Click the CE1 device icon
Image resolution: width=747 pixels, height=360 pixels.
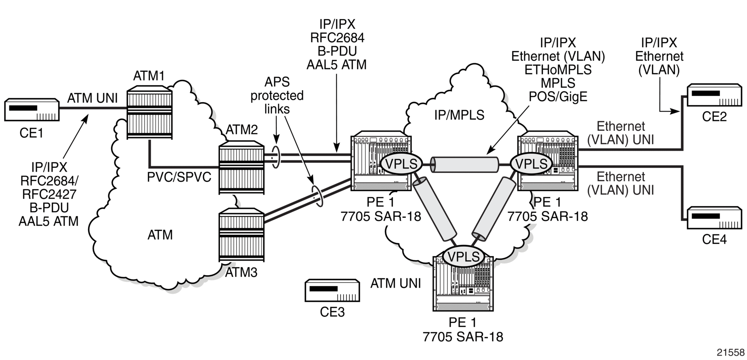click(x=32, y=109)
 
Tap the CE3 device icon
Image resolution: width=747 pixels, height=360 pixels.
click(x=332, y=290)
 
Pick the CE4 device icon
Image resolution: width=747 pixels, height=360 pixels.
click(x=715, y=219)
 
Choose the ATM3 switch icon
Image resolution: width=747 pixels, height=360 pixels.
click(x=241, y=236)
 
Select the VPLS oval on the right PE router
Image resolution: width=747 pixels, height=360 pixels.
click(x=531, y=164)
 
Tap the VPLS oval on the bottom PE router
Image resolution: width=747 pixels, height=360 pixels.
click(x=464, y=257)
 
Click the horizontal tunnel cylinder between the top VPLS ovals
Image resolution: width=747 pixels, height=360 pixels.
click(x=465, y=164)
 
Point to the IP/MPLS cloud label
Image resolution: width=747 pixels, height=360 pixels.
click(x=459, y=116)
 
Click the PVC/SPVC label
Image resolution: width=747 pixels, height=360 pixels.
click(x=179, y=177)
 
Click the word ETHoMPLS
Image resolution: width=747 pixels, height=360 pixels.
click(x=558, y=70)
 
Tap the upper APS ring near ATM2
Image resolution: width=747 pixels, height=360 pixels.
click(x=276, y=156)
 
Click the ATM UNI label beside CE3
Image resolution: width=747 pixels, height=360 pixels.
click(x=396, y=284)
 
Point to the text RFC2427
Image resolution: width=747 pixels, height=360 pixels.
click(x=49, y=194)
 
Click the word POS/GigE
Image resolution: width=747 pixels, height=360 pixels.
click(x=558, y=97)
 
